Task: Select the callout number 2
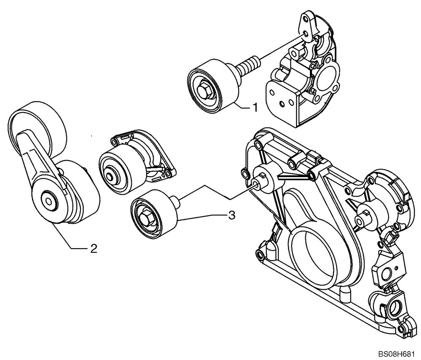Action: click(x=93, y=249)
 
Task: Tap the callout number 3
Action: click(x=231, y=215)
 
